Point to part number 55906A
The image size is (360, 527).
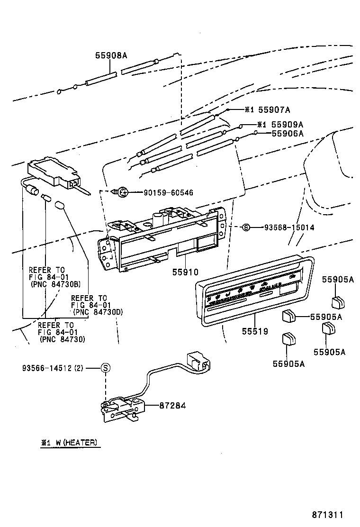287,134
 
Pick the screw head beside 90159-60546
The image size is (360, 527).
122,192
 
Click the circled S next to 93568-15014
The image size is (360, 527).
245,227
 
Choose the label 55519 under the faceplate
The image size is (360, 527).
254,331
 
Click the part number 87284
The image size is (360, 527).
172,406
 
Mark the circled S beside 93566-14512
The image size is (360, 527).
106,368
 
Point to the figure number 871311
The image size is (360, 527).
327,515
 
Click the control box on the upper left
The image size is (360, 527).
53,172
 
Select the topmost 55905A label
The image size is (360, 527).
338,280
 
